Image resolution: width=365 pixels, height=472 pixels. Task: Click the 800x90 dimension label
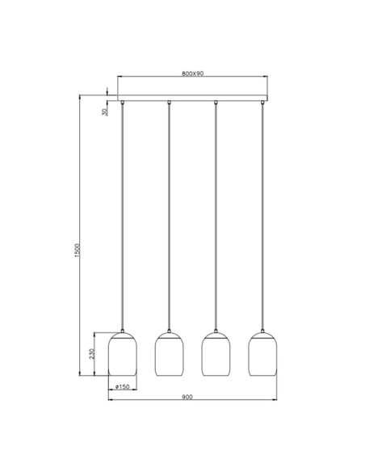[192, 74]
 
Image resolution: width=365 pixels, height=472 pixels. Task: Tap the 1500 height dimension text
[78, 251]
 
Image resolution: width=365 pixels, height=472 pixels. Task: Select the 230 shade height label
[92, 354]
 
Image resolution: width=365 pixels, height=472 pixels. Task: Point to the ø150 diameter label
[123, 387]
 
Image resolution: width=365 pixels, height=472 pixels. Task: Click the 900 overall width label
[187, 397]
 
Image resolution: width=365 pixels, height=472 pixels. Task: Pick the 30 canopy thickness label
[104, 112]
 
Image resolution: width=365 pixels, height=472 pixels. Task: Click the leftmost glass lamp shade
[123, 354]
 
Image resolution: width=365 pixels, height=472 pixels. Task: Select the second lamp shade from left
[169, 354]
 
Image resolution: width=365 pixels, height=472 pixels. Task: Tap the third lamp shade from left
[216, 354]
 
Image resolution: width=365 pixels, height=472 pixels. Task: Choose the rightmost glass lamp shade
[262, 354]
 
